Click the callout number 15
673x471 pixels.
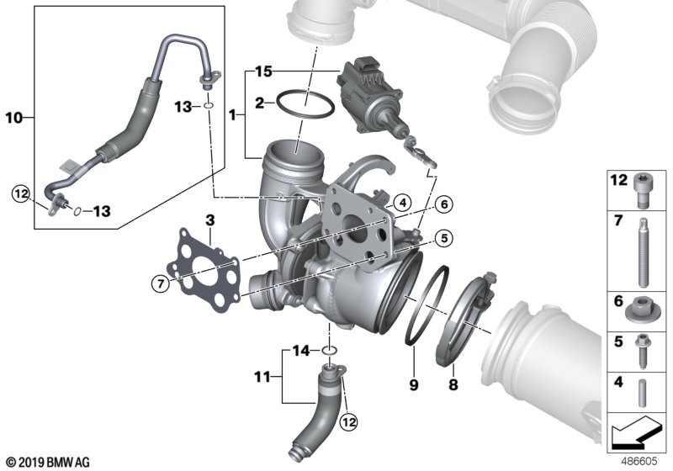pyautogui.click(x=263, y=71)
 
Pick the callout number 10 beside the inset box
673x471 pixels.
pyautogui.click(x=13, y=117)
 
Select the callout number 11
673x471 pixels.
pyautogui.click(x=262, y=378)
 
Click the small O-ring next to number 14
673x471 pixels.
pyautogui.click(x=329, y=351)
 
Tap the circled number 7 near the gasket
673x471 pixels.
pyautogui.click(x=161, y=283)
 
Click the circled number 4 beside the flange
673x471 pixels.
pyautogui.click(x=402, y=203)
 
